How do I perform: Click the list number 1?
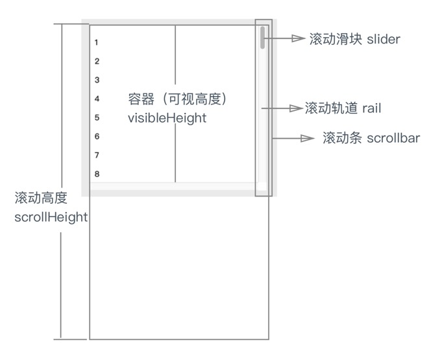tap(96, 43)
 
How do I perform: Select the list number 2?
tap(96, 62)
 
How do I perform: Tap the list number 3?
tap(96, 80)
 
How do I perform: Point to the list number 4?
tap(96, 99)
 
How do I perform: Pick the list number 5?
tap(96, 118)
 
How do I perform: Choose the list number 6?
tap(96, 137)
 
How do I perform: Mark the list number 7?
tap(96, 156)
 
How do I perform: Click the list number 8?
tap(96, 174)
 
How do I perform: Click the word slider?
tap(384, 40)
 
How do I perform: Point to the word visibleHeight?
tap(167, 118)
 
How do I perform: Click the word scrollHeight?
tap(51, 217)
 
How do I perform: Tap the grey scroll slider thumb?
tap(262, 37)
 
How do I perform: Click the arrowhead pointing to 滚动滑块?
tap(299, 39)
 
